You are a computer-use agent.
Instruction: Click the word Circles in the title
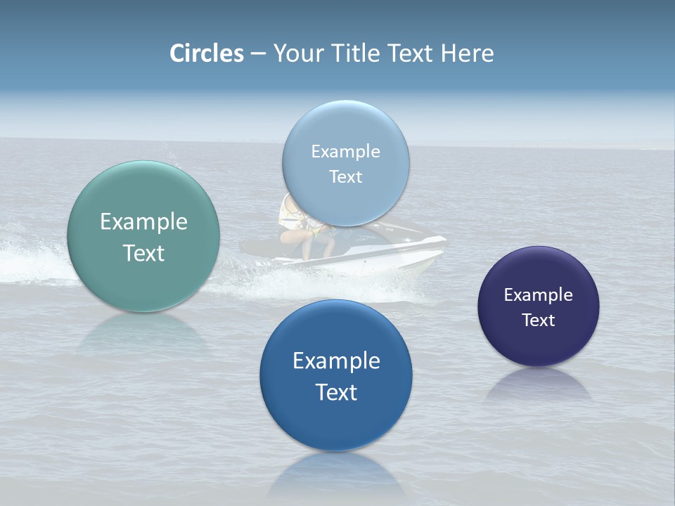click(206, 53)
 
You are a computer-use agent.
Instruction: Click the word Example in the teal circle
click(143, 222)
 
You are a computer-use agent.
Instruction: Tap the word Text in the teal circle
click(143, 254)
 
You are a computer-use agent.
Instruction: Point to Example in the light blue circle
click(345, 152)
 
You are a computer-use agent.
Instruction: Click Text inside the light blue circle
click(345, 177)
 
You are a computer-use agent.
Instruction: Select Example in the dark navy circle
click(538, 295)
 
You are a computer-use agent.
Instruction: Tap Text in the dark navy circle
click(538, 320)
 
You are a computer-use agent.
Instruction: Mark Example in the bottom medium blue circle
click(336, 361)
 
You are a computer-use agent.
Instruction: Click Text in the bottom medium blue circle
click(336, 393)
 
